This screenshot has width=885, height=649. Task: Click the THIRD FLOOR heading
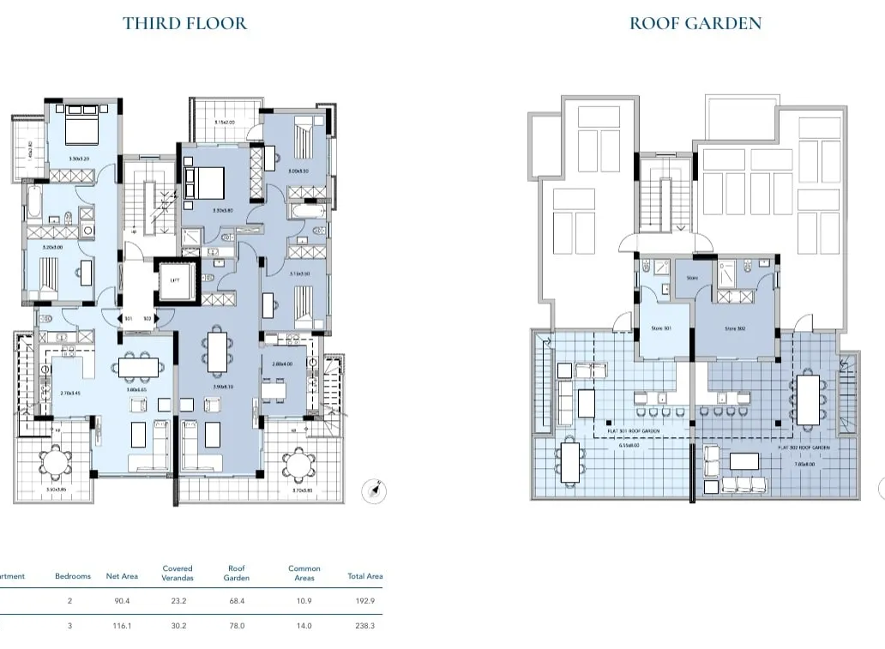tap(184, 23)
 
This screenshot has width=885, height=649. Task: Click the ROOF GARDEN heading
tap(695, 23)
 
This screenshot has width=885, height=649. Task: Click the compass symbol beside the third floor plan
tap(376, 491)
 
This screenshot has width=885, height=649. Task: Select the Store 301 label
tap(660, 328)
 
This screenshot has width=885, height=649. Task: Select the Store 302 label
tap(735, 328)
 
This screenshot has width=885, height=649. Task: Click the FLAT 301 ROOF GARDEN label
tap(635, 431)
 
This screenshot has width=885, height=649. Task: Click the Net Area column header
tap(122, 576)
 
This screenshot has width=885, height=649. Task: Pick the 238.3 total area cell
tap(364, 627)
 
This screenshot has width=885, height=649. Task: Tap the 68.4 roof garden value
tap(236, 602)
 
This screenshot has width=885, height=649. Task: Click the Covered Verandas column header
tap(178, 573)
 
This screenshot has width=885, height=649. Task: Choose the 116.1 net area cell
tap(121, 627)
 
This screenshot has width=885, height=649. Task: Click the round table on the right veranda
tap(298, 466)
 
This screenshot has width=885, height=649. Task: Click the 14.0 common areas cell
tap(304, 627)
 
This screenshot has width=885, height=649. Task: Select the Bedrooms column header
tap(73, 576)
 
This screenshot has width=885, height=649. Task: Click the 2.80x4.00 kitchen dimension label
tap(282, 364)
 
